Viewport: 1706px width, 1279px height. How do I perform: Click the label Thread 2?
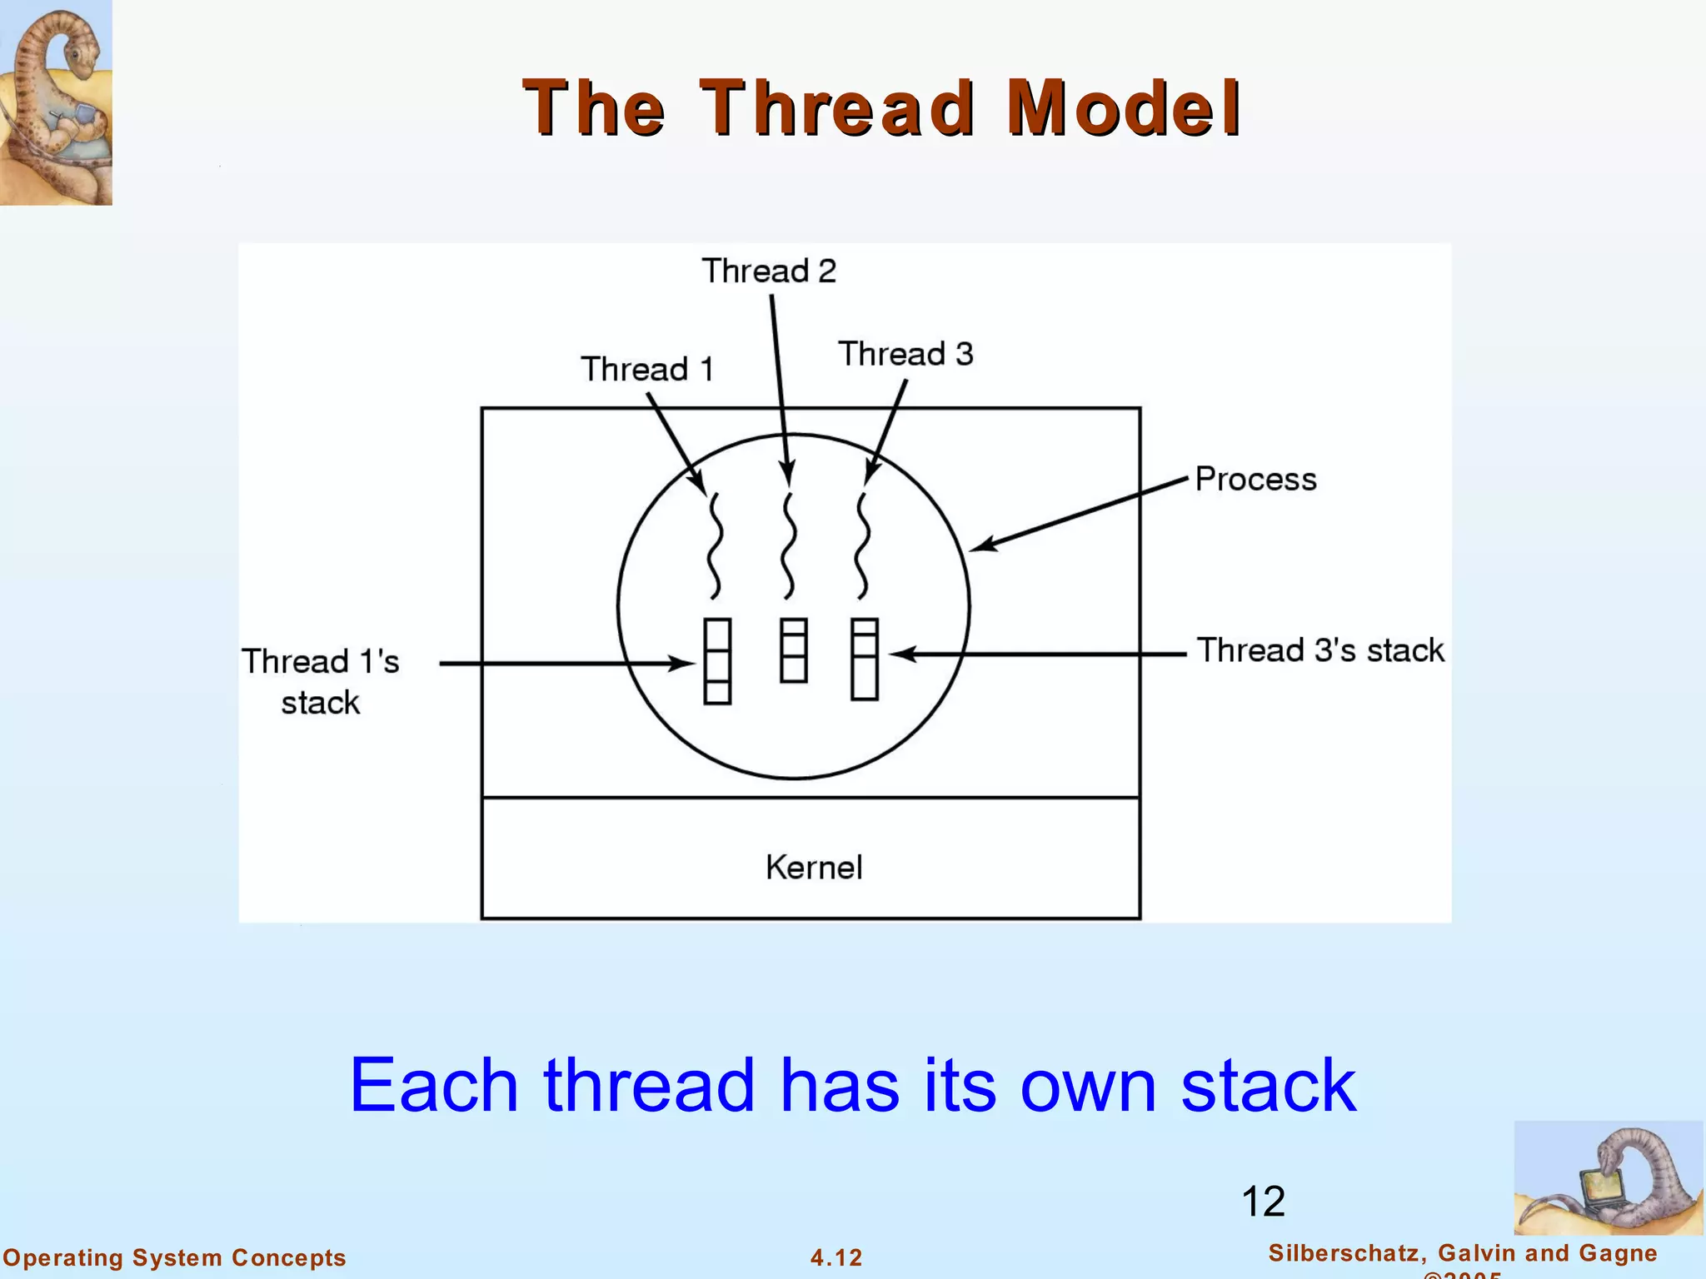(768, 271)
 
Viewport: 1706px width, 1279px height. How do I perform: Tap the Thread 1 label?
(647, 369)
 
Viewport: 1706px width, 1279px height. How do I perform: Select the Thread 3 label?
(905, 354)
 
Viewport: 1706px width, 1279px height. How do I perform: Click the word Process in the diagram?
(1255, 480)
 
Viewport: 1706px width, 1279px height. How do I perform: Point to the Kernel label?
(814, 868)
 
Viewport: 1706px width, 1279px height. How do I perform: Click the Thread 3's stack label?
(1320, 650)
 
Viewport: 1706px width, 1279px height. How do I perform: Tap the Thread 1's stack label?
(321, 681)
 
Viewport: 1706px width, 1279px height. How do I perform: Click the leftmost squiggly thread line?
(714, 546)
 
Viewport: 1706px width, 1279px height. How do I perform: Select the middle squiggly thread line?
(788, 546)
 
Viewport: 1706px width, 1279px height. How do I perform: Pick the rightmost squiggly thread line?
(863, 546)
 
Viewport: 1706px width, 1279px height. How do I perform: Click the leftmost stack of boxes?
(717, 661)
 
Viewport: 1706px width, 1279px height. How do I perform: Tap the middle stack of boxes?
(793, 650)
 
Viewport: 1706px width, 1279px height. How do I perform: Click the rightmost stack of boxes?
(865, 659)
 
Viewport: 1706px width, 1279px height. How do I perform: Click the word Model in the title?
(1124, 108)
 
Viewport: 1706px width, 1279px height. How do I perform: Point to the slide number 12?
(1263, 1202)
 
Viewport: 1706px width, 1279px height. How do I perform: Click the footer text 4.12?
(836, 1257)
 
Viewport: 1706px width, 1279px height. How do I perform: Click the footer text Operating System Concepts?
(175, 1257)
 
